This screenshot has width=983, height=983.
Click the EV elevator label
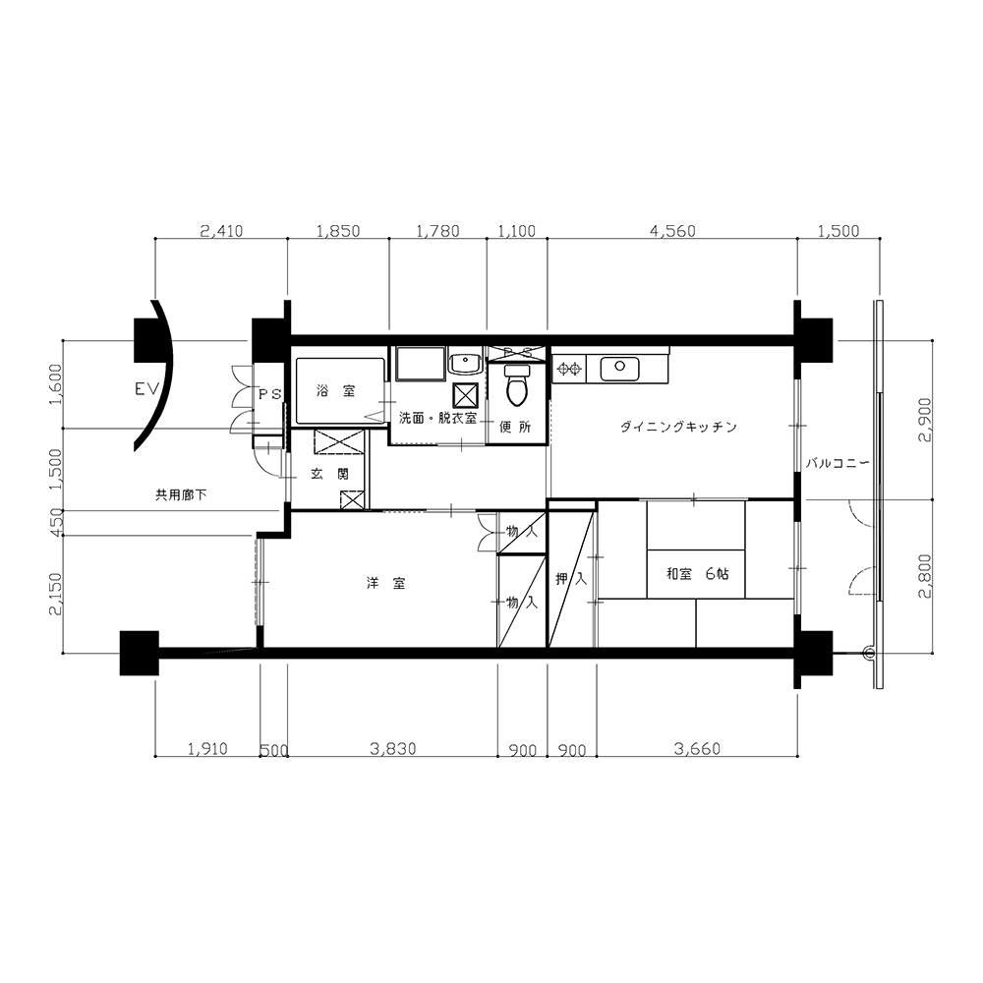coord(148,390)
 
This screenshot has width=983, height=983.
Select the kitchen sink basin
coord(619,369)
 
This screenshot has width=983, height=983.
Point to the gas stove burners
coord(569,369)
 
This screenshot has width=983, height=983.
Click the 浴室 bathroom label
coord(336,392)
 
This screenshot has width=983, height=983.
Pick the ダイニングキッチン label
coord(678,428)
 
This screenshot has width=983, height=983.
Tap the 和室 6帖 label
coord(697,574)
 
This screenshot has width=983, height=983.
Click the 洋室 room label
coord(386,584)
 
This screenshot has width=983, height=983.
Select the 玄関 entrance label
coord(329,475)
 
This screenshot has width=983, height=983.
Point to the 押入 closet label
coord(571,579)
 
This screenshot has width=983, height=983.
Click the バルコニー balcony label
coord(838,464)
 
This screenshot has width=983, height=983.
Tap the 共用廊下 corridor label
coord(181,495)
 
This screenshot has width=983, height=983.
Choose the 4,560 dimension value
coord(672,231)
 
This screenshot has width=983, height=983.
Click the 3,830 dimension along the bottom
coord(393,748)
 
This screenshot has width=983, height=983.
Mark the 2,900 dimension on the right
coord(925,421)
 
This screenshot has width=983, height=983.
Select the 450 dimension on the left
coord(56,524)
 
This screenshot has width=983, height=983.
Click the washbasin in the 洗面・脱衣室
coord(464,363)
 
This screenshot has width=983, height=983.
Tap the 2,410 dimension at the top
coord(221,231)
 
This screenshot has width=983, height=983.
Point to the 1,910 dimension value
coord(207,748)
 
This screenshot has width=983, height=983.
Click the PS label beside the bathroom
coord(271,394)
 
